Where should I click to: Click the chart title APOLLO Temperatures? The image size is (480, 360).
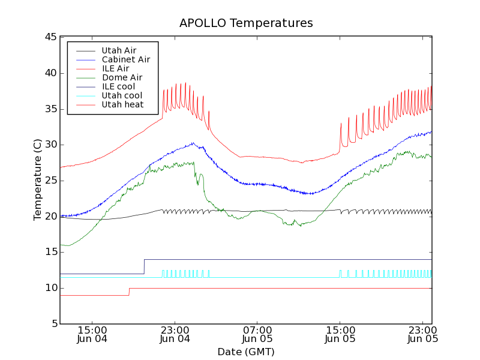246,23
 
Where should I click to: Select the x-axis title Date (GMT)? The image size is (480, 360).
246,352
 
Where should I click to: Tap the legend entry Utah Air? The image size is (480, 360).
119,50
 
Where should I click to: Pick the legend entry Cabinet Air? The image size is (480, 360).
125,59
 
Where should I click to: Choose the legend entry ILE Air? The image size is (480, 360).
115,68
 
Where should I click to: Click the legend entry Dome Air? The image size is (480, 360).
122,77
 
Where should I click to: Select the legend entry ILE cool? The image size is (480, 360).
118,86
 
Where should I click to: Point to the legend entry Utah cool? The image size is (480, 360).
122,95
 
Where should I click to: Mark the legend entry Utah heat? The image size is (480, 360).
122,104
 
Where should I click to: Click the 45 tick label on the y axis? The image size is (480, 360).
50,37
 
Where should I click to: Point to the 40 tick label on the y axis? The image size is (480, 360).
50,73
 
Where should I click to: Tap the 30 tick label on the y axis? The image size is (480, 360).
50,145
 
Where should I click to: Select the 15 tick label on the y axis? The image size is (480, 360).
50,252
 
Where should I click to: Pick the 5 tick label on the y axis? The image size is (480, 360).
53,324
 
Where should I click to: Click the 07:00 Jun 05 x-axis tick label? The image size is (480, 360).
257,334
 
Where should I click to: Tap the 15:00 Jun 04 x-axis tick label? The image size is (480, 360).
92,334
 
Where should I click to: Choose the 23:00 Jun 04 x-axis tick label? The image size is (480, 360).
175,334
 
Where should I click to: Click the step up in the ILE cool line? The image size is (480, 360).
144,266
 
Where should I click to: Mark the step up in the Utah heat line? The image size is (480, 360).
129,292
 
